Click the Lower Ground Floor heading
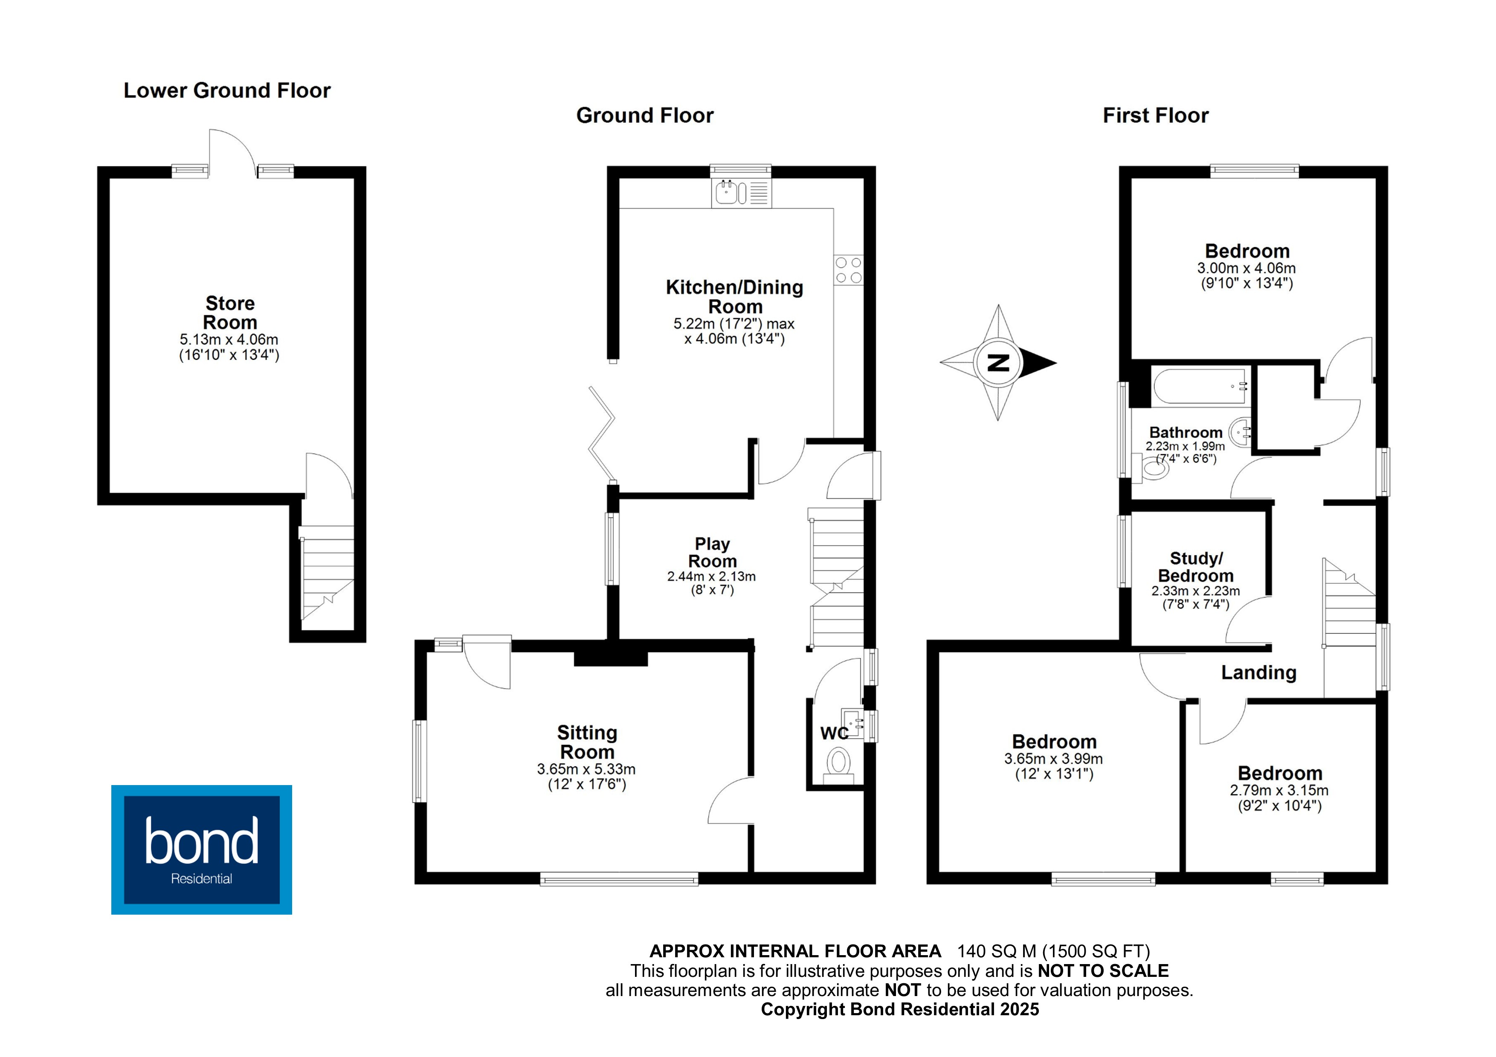coord(227,90)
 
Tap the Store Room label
coord(229,312)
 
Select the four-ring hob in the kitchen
coord(848,270)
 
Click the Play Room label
coord(712,552)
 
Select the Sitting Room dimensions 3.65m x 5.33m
coord(586,769)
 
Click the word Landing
coord(1258,673)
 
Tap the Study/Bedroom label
coord(1196,567)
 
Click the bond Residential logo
coord(201,849)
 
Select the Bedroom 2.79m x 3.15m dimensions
coord(1279,791)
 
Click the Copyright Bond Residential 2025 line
coord(900,1009)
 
